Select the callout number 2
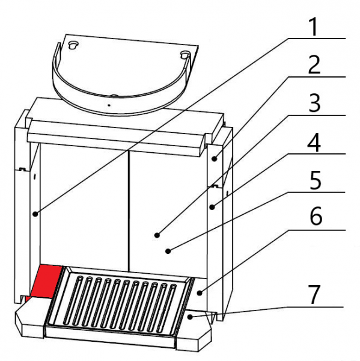tap(314, 65)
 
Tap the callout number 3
tap(314, 103)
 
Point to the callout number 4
tap(314, 143)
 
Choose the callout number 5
tap(315, 180)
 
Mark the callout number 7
tap(314, 295)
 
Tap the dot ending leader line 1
tap(35, 214)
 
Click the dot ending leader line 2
tap(215, 159)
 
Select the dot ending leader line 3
tap(157, 235)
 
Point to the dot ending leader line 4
tap(212, 207)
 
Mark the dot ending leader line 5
tap(168, 251)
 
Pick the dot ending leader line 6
tap(200, 293)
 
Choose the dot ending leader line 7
tap(190, 317)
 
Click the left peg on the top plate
tap(73, 45)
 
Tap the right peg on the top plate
tap(185, 55)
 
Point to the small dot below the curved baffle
tap(109, 105)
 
